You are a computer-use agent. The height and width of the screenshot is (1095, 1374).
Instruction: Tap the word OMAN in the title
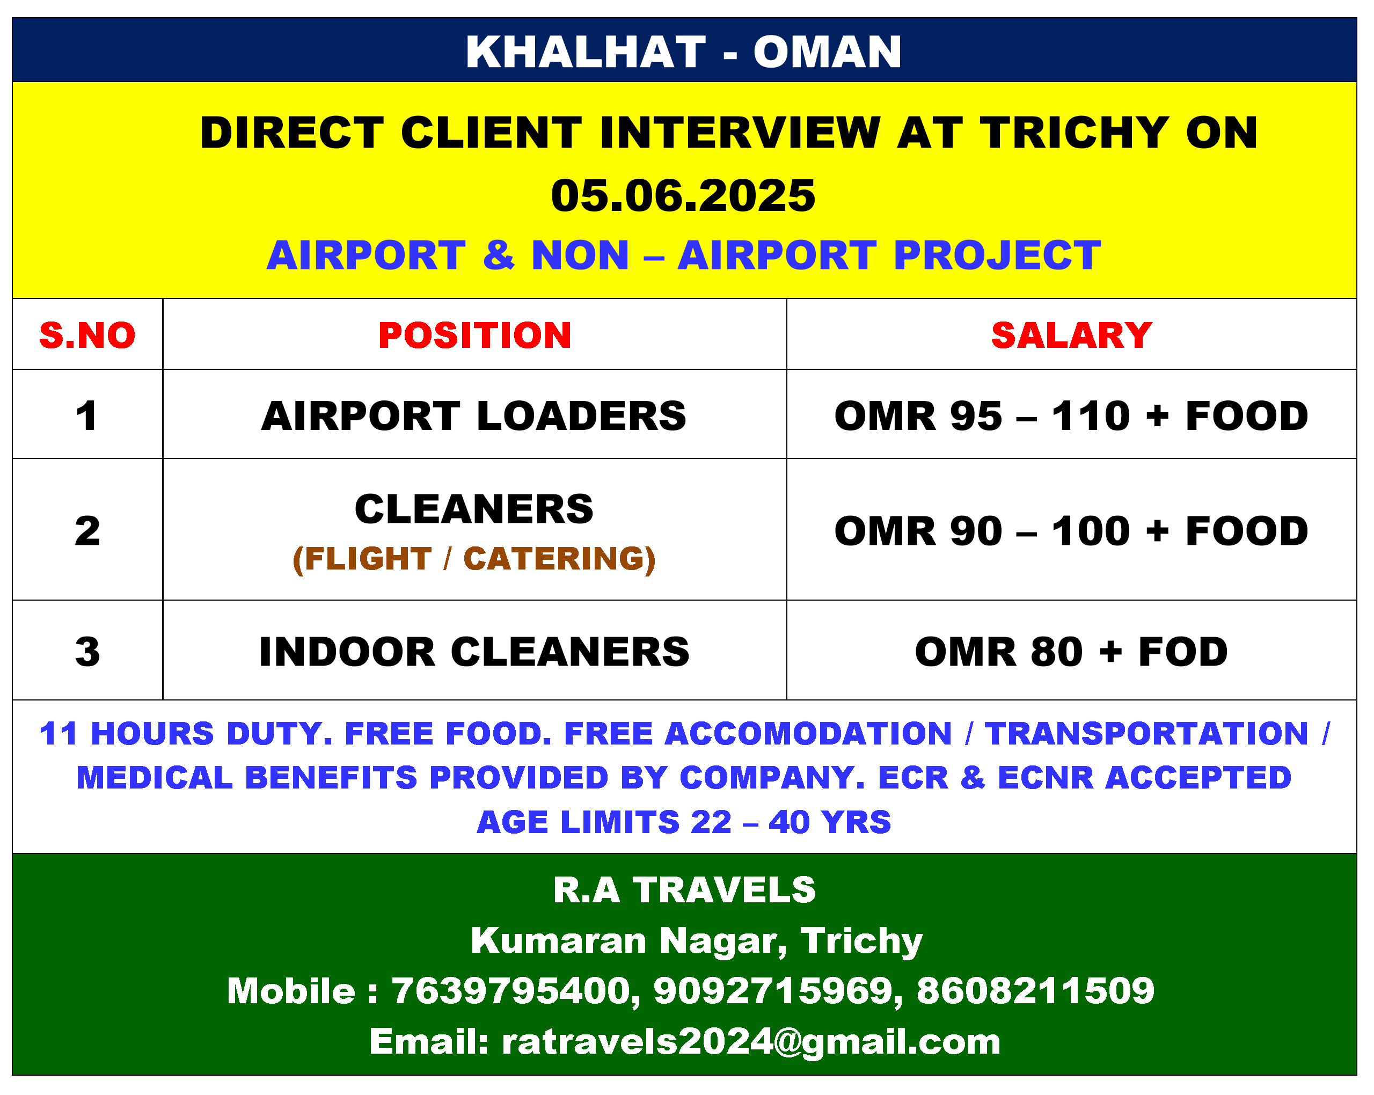[x=827, y=52]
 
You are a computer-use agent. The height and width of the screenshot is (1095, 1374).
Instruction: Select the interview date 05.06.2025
[x=683, y=196]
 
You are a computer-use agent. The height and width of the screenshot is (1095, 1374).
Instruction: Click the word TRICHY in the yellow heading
[x=1075, y=133]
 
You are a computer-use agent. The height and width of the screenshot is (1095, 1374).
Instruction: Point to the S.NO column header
[x=87, y=335]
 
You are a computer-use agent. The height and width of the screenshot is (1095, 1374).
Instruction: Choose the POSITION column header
[x=475, y=335]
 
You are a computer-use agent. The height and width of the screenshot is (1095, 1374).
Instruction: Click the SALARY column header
[x=1071, y=335]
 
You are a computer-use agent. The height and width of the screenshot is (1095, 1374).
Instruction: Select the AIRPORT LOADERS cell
[x=474, y=416]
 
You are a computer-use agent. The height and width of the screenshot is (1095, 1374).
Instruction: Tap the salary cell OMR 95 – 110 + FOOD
[x=1071, y=416]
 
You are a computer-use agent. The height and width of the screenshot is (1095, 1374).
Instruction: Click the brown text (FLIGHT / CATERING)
[x=474, y=559]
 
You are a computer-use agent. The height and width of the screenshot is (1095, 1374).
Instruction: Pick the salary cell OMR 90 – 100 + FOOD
[x=1071, y=531]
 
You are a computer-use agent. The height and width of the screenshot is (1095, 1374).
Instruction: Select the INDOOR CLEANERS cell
[x=474, y=652]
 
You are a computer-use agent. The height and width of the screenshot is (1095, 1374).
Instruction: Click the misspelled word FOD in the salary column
[x=1183, y=652]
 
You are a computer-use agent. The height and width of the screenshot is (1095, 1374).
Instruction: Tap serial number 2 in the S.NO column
[x=87, y=531]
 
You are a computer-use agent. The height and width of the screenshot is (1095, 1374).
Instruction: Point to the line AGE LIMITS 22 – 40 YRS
[x=684, y=822]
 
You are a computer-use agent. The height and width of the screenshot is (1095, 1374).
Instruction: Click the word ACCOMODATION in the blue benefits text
[x=808, y=734]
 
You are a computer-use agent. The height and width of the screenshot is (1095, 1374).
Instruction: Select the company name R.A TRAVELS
[x=684, y=890]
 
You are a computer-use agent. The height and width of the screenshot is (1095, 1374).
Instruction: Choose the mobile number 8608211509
[x=1035, y=990]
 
